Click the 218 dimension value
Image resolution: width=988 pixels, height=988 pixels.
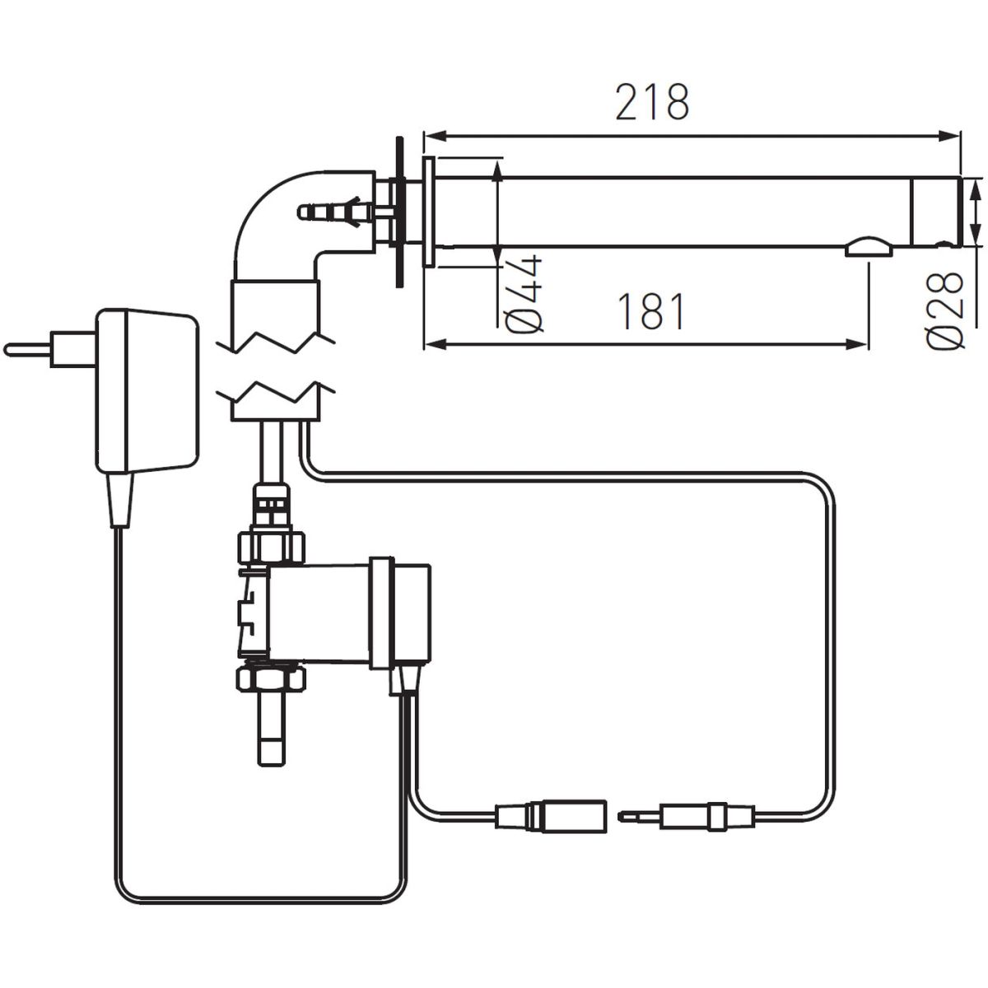pyautogui.click(x=652, y=101)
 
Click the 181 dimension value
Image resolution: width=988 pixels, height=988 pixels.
pyautogui.click(x=651, y=311)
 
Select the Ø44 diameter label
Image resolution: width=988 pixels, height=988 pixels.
pyautogui.click(x=524, y=294)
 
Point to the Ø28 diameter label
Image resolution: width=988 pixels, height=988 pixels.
pyautogui.click(x=944, y=310)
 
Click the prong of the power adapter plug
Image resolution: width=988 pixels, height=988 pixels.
pyautogui.click(x=26, y=350)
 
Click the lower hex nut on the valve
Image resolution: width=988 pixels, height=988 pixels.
pyautogui.click(x=271, y=679)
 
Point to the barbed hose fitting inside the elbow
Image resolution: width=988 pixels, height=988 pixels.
pyautogui.click(x=336, y=212)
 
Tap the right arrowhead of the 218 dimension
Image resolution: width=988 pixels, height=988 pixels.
pyautogui.click(x=948, y=135)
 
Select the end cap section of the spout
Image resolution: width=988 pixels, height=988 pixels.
pyautogui.click(x=936, y=212)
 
